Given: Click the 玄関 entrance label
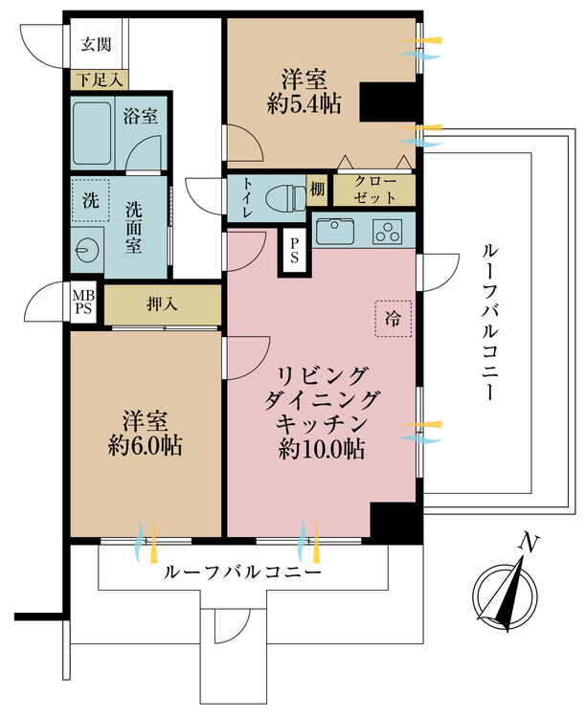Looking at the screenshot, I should coord(96,43).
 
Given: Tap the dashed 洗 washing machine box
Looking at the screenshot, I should coord(89,203).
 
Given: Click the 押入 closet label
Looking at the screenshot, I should coord(162,305).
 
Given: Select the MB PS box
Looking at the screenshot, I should coord(82,303).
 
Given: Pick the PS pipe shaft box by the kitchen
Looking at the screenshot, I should coord(294,250).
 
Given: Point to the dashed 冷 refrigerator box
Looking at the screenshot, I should coord(394,317).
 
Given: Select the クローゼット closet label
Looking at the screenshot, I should coord(372,189).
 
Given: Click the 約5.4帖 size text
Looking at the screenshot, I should coord(304,105).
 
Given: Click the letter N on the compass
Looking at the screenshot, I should coord(526,543).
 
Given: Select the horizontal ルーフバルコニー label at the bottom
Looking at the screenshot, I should coord(243,572).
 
